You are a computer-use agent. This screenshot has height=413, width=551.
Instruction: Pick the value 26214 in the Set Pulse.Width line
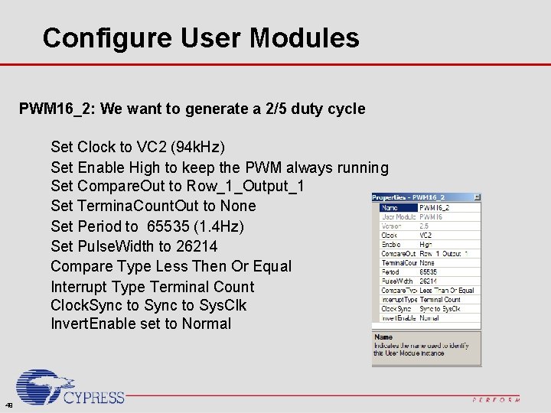tap(197, 246)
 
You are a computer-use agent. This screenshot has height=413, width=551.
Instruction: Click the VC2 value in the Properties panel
tap(425, 235)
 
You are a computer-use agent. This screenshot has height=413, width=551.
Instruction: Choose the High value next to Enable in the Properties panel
tap(425, 244)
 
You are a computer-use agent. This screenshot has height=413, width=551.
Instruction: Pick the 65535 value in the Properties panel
tap(429, 272)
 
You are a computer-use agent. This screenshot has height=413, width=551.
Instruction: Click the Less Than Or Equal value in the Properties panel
tap(447, 290)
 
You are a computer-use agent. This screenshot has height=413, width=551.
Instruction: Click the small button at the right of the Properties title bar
tap(477, 197)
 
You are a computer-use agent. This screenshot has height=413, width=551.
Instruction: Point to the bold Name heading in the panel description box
tap(383, 337)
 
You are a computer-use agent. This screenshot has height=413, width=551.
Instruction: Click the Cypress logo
tap(70, 389)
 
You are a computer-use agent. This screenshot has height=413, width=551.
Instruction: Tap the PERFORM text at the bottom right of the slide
tap(496, 399)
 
